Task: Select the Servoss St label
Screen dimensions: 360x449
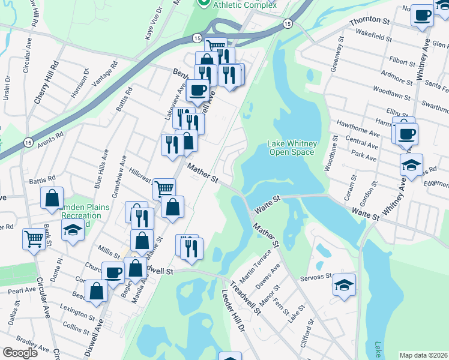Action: [x=316, y=277]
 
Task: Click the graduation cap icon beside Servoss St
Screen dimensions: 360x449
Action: [x=344, y=285]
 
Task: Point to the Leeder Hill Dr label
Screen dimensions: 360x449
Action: [x=234, y=313]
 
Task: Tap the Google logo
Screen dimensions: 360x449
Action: [x=20, y=353]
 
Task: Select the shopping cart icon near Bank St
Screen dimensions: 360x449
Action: [x=34, y=239]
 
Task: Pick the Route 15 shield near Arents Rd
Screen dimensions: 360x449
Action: [x=28, y=142]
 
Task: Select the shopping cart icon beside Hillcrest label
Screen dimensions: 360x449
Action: [x=164, y=190]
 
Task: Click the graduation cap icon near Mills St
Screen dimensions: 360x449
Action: [x=73, y=230]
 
